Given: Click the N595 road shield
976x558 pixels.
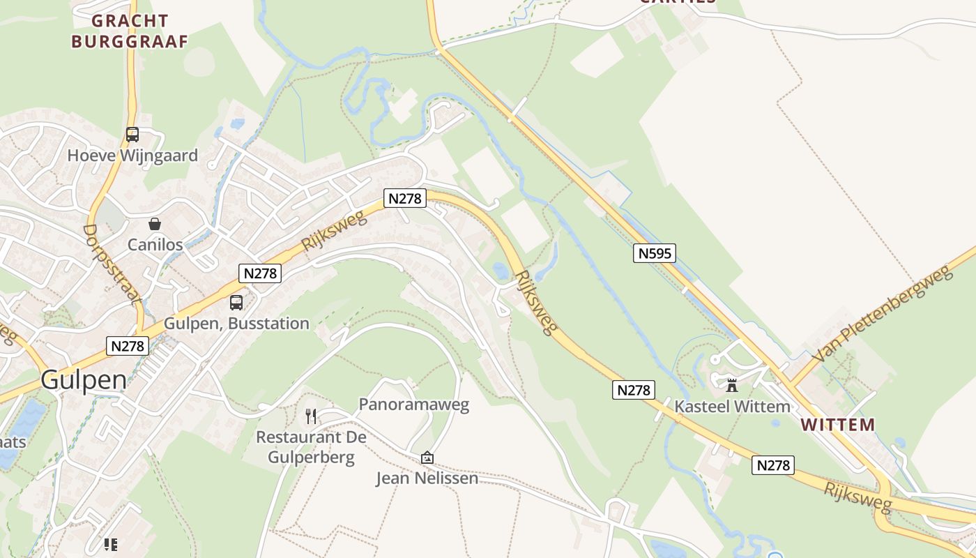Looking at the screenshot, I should pos(655,252).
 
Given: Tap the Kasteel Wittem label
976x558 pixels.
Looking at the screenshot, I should pos(732,407).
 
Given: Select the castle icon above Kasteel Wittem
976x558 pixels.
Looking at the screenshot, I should pos(732,385).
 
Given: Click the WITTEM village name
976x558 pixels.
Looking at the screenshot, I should pos(837,424).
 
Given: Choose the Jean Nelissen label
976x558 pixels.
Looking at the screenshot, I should pos(427,478).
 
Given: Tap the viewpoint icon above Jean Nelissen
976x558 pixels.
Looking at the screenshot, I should pos(427,458).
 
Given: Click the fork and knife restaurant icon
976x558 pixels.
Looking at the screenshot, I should pos(311,416).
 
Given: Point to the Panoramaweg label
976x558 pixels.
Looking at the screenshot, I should pos(413,404).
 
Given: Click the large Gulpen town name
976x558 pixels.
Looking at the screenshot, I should pos(84,380).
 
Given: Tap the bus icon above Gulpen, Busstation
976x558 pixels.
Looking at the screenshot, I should pos(236,303).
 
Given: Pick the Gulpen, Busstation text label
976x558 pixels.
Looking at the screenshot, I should pos(236,324).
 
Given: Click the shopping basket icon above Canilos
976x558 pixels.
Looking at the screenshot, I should pos(155,224).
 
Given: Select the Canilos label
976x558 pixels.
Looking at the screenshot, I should pos(155,245).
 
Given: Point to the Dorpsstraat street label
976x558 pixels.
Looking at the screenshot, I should pos(112,264).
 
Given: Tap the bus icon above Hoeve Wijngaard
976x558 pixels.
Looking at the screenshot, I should pos(132,134).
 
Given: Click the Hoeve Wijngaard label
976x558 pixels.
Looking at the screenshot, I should pos(132,156).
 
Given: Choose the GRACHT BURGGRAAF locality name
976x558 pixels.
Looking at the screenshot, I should pos(130,31).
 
